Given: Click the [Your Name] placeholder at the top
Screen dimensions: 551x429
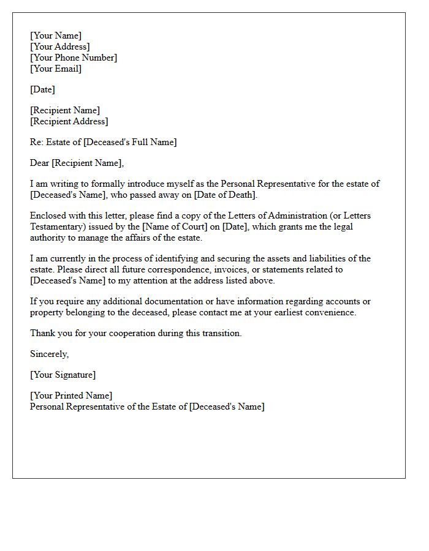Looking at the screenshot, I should (56, 36).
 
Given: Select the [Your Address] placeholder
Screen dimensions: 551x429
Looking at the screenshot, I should (60, 47).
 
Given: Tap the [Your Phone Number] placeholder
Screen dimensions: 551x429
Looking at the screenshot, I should (74, 58).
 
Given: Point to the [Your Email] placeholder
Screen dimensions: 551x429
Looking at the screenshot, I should (56, 69).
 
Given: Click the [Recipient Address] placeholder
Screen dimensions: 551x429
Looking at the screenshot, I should (69, 121).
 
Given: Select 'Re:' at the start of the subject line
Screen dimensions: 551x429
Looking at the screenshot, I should (37, 142).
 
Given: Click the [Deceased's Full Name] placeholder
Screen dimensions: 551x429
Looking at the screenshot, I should (130, 142).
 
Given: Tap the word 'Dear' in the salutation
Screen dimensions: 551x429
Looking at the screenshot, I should (40, 163).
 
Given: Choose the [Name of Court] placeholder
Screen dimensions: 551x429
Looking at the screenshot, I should (177, 227).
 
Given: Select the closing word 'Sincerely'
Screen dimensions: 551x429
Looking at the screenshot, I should (49, 354).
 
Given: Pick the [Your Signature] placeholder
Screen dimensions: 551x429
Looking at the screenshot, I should (63, 375).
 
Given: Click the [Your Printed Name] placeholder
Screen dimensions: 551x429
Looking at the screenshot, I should (71, 395).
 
